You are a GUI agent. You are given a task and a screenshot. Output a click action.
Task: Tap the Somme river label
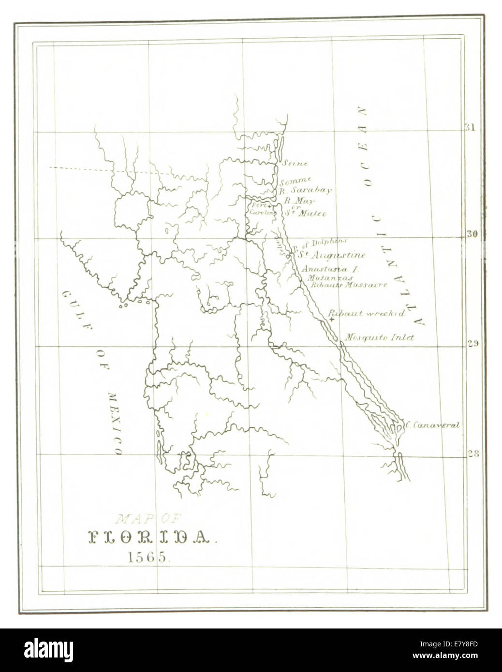click(x=295, y=181)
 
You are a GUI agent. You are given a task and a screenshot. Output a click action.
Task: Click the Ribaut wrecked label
click(x=367, y=313)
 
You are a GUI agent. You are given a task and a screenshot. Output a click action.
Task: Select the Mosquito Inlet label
click(x=380, y=337)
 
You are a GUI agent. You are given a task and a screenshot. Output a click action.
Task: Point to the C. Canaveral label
click(x=432, y=425)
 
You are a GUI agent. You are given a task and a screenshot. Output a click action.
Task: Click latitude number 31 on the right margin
click(x=470, y=128)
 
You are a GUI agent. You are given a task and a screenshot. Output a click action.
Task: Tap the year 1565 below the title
click(x=148, y=556)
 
